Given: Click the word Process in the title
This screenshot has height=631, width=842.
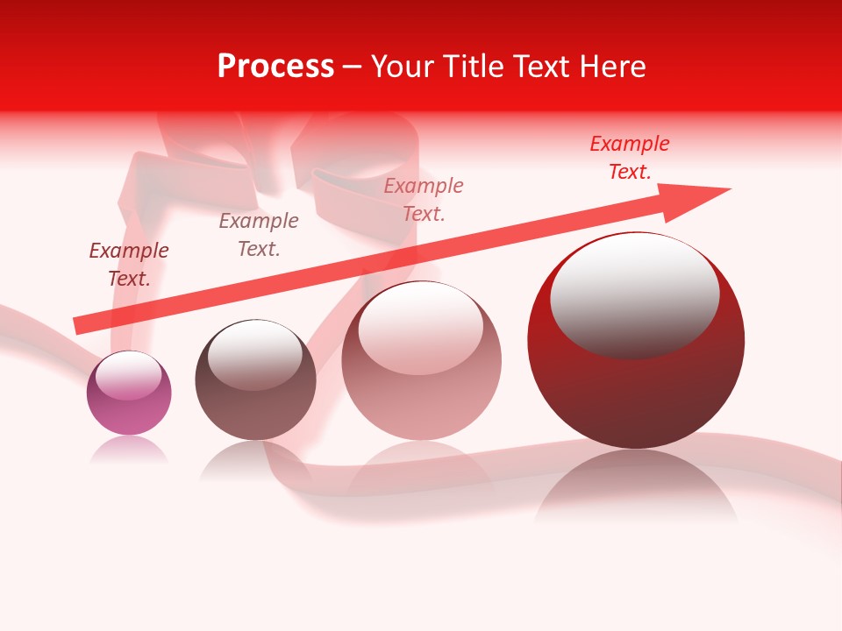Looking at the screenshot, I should click(275, 67).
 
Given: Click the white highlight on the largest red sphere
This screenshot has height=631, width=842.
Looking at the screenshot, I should click(634, 294).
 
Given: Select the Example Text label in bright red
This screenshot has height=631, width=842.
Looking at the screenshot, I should click(630, 158).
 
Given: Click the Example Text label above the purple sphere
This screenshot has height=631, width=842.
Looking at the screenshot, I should click(129, 265).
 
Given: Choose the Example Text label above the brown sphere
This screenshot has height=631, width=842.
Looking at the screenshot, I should click(259, 235).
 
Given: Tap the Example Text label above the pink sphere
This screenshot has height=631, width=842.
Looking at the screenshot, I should click(424, 200).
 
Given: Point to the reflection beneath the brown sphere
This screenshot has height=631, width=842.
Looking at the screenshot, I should click(255, 459).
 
